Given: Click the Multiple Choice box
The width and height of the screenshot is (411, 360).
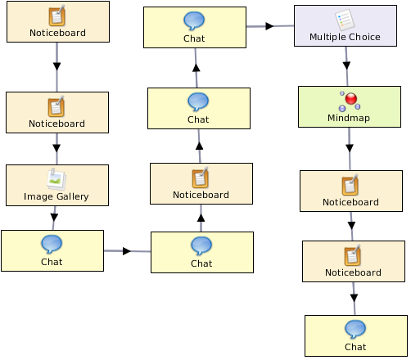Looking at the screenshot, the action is click(346, 25).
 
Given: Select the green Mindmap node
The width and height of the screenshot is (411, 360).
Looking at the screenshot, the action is click(350, 106).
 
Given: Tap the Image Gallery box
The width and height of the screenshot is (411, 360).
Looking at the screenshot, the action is click(57, 185).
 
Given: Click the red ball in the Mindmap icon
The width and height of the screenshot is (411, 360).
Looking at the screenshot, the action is click(351, 98).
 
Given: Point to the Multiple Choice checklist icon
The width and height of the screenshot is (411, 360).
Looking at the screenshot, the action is click(345, 20).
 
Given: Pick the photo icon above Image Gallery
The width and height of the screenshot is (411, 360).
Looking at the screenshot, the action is click(56, 179).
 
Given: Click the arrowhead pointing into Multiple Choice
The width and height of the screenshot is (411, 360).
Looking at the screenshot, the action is click(269, 26).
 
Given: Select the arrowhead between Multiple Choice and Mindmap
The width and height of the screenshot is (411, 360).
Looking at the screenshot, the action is click(346, 65).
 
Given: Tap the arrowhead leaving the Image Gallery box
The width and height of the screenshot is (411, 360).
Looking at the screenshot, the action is click(54, 218).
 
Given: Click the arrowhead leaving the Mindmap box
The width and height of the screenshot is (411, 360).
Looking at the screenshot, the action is click(350, 148).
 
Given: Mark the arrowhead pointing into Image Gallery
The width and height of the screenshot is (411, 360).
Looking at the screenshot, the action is click(56, 148).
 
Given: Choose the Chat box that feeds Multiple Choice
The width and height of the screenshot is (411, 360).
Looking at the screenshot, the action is click(195, 27).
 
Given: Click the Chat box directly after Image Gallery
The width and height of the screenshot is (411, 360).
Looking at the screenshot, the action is click(52, 250).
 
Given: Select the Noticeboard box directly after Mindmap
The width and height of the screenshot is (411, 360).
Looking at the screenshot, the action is click(351, 191).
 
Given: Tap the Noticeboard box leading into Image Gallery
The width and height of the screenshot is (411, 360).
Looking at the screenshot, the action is click(57, 112).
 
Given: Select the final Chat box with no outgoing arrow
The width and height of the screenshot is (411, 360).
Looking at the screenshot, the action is click(356, 335).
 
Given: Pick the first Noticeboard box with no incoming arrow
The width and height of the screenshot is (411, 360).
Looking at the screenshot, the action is click(58, 21).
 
